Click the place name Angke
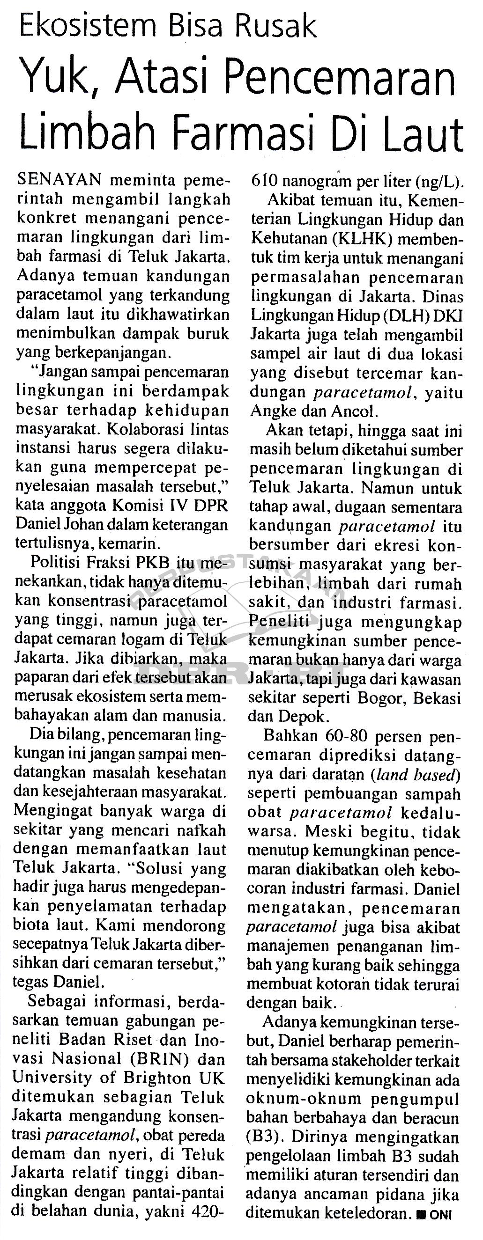point(272,411)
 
